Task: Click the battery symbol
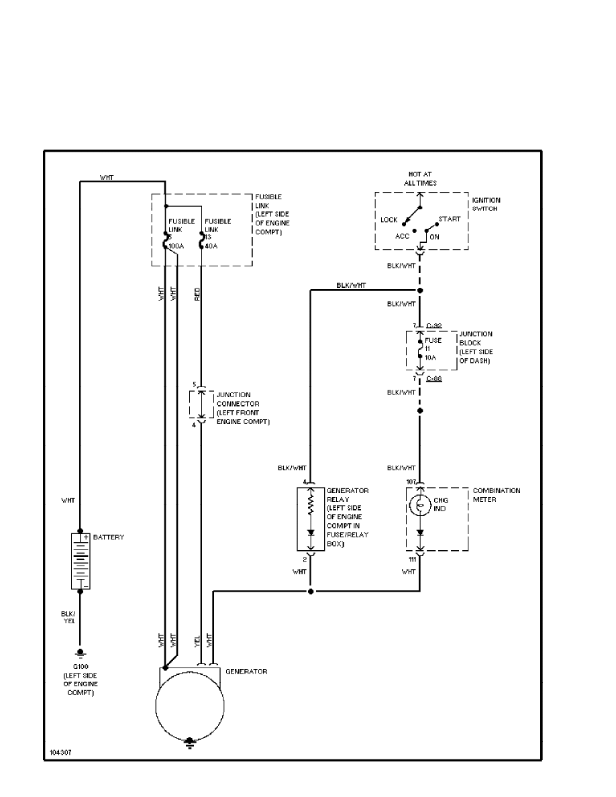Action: click(81, 561)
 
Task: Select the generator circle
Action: click(189, 706)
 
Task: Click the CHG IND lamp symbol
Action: click(419, 504)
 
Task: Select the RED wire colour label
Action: click(197, 293)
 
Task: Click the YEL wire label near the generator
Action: click(197, 641)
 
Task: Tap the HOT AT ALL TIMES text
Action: click(421, 178)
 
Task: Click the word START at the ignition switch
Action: click(450, 219)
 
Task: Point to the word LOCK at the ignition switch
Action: click(389, 219)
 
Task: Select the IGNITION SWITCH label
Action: click(486, 204)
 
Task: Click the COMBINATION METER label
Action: click(496, 494)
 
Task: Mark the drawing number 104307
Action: click(60, 752)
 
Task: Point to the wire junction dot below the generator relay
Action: click(310, 592)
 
